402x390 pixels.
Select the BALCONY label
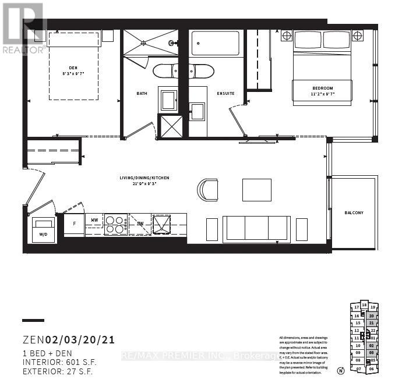click(x=354, y=212)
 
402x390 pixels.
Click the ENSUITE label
click(x=226, y=93)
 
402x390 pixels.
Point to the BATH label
click(x=142, y=93)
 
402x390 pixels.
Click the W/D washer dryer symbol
click(x=44, y=228)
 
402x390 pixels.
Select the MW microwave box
click(x=94, y=221)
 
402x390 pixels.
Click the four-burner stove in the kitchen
click(x=116, y=224)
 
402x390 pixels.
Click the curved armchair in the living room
click(x=208, y=189)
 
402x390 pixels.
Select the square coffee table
click(x=257, y=190)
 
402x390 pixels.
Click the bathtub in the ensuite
click(x=215, y=43)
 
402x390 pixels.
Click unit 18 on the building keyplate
click(x=364, y=305)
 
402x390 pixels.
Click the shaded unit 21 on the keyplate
click(x=371, y=323)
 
